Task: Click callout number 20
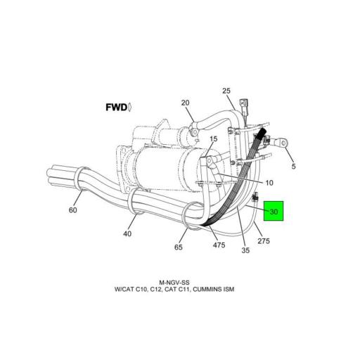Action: point(186,103)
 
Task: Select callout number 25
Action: point(226,91)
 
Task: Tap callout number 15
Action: point(213,140)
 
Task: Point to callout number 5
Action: point(293,167)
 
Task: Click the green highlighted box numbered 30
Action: point(273,210)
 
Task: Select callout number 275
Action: point(264,242)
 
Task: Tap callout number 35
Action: point(245,250)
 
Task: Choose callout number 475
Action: point(219,245)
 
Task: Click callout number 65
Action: point(179,247)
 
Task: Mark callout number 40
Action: point(127,234)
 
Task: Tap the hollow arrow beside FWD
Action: point(131,108)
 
